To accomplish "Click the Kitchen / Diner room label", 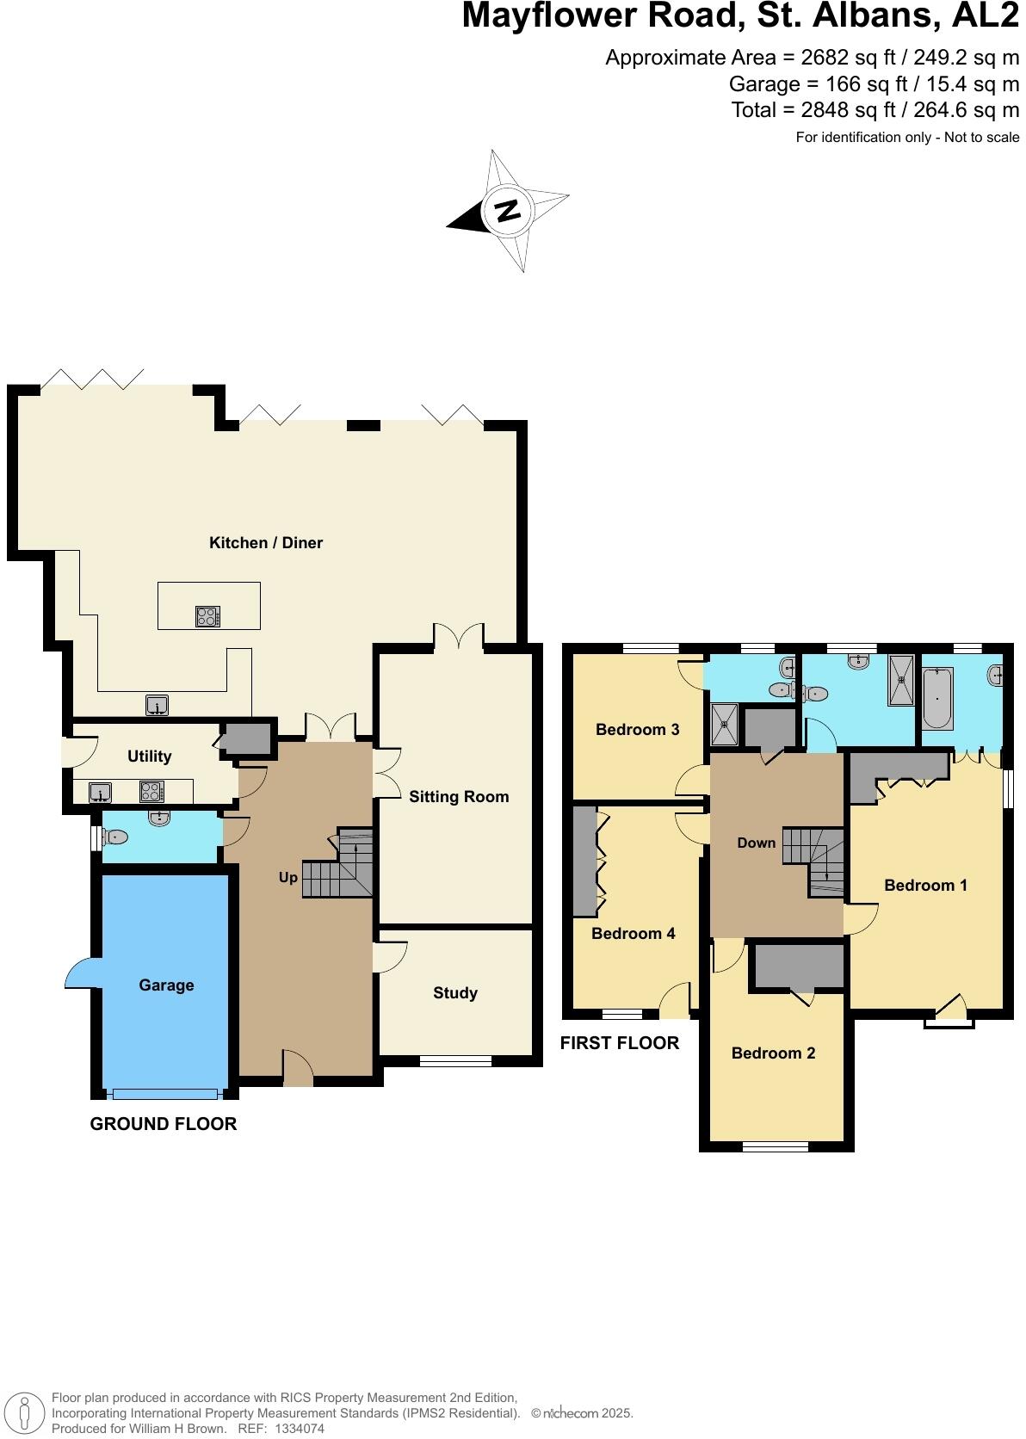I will tap(266, 543).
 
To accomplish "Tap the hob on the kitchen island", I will tap(208, 616).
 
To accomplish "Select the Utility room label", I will tap(150, 757).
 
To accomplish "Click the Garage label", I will tap(166, 985).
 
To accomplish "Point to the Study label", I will tap(455, 993).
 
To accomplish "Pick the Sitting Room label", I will tap(459, 797).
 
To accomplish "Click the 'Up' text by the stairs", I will tap(287, 878).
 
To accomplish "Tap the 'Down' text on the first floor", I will tap(757, 843).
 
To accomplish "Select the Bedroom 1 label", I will tap(926, 886).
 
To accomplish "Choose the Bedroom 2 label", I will tap(773, 1053).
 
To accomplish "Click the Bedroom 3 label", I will tap(638, 730).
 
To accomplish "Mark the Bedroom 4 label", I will tap(634, 934).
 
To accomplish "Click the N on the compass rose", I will tap(509, 210).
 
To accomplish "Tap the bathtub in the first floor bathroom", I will tap(936, 700).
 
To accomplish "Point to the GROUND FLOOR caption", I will tap(164, 1124).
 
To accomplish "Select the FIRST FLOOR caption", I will tap(620, 1043).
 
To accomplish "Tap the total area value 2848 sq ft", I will tap(823, 110).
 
